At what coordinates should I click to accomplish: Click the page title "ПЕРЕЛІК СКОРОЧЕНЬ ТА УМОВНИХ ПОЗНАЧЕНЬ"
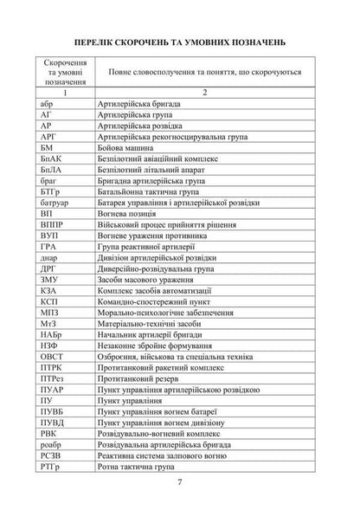click(x=180, y=42)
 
